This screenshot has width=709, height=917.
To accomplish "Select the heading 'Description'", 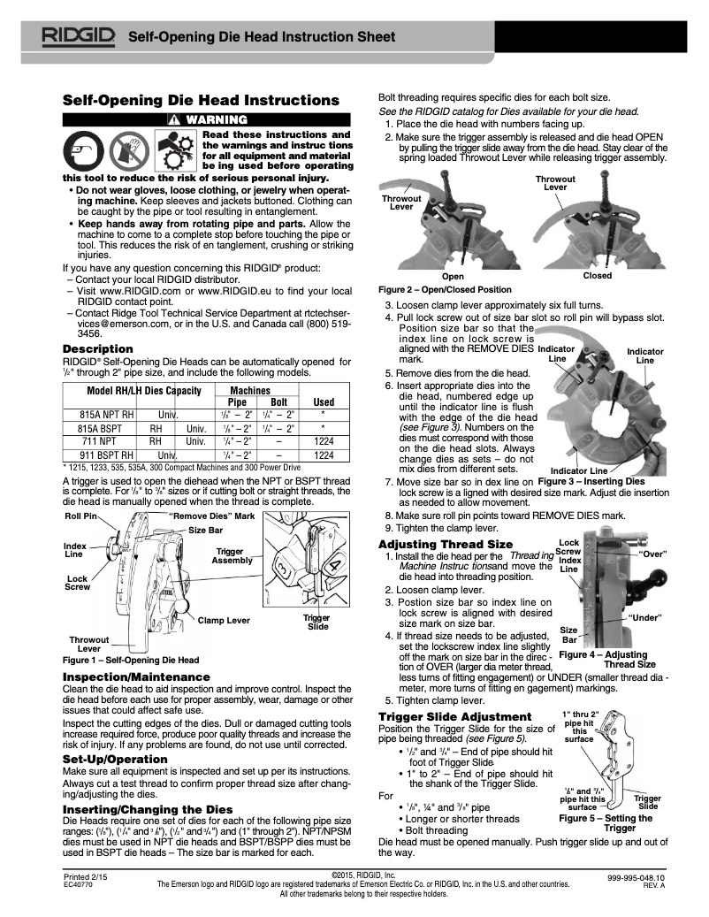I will coord(97,349).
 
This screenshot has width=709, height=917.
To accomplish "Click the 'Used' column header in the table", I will coord(324,401).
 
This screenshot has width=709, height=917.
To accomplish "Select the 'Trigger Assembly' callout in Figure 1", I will coord(233,555).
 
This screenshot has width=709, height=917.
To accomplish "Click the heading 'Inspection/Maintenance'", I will coord(136,676).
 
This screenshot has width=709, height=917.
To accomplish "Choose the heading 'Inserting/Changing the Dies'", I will coord(148,809).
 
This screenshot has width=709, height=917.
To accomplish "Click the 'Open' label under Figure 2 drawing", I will coord(453,276).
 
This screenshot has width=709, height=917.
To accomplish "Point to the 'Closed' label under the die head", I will coord(598,276).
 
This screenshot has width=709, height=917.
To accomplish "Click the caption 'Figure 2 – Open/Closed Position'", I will coord(444,289).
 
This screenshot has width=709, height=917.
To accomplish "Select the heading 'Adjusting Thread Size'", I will coord(445,543).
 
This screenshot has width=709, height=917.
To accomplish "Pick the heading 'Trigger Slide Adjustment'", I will coord(454,715).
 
